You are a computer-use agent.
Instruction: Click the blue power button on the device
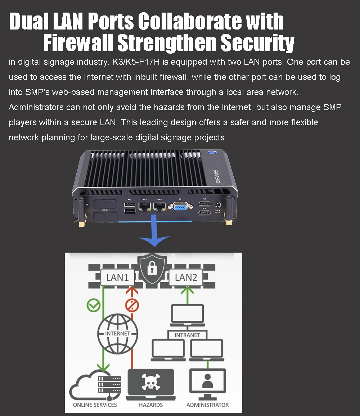(x=212, y=154)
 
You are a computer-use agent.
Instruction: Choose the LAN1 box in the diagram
(x=117, y=277)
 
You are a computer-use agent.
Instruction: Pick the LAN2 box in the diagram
(x=186, y=277)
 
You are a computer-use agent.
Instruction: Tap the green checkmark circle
(x=94, y=306)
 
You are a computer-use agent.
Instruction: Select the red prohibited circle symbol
(x=132, y=306)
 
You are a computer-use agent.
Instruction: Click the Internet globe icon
(x=117, y=333)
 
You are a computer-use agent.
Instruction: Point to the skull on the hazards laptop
(x=151, y=383)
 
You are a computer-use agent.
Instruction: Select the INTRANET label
(x=187, y=335)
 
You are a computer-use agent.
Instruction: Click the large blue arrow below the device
(x=154, y=233)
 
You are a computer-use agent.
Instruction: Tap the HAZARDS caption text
(x=151, y=405)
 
